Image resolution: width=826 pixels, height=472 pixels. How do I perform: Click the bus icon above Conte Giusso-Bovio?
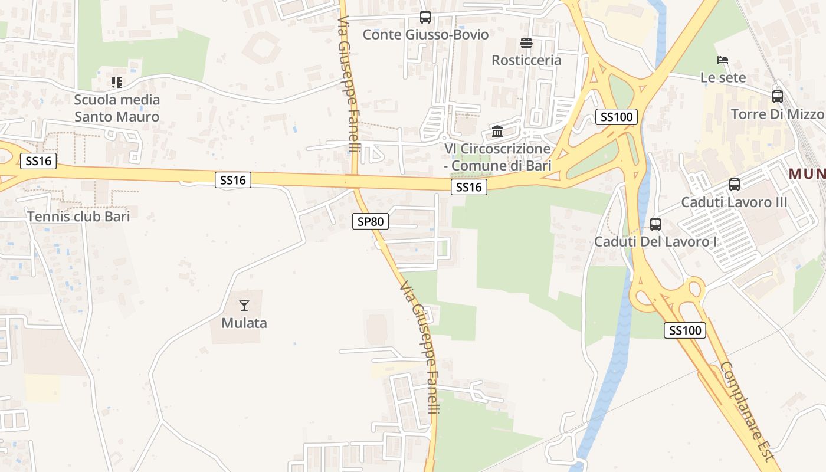tap(425, 17)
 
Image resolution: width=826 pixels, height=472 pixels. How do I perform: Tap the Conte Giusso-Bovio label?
tap(425, 35)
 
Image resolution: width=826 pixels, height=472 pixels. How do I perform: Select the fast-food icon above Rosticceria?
tap(526, 43)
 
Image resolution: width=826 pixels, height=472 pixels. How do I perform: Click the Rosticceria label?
tap(526, 60)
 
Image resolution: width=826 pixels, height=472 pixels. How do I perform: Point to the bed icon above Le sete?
tap(723, 60)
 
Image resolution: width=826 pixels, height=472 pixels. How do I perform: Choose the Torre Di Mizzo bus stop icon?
tap(778, 97)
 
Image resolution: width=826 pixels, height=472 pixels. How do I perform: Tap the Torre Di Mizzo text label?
tap(777, 114)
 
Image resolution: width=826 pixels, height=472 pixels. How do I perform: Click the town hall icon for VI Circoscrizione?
tap(497, 131)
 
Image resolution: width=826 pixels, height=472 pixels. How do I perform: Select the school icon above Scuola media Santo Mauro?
tap(117, 83)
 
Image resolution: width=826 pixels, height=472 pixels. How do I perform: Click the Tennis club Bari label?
tap(78, 217)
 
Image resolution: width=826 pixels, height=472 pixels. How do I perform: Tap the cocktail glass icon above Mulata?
tap(244, 306)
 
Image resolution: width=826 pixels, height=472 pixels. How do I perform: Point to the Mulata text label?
tap(244, 323)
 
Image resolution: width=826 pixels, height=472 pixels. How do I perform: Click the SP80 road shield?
tap(371, 222)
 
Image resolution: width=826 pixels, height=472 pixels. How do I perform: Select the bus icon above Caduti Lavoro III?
tap(735, 185)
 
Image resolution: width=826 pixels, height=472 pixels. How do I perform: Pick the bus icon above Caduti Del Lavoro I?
tap(655, 224)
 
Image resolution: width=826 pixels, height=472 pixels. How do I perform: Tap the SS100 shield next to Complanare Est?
tap(684, 330)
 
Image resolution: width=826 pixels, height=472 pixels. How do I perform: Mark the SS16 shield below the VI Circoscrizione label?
tap(469, 188)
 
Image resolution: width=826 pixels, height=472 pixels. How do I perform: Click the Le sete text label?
tap(723, 77)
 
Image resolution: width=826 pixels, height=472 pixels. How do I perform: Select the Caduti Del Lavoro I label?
tap(655, 241)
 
